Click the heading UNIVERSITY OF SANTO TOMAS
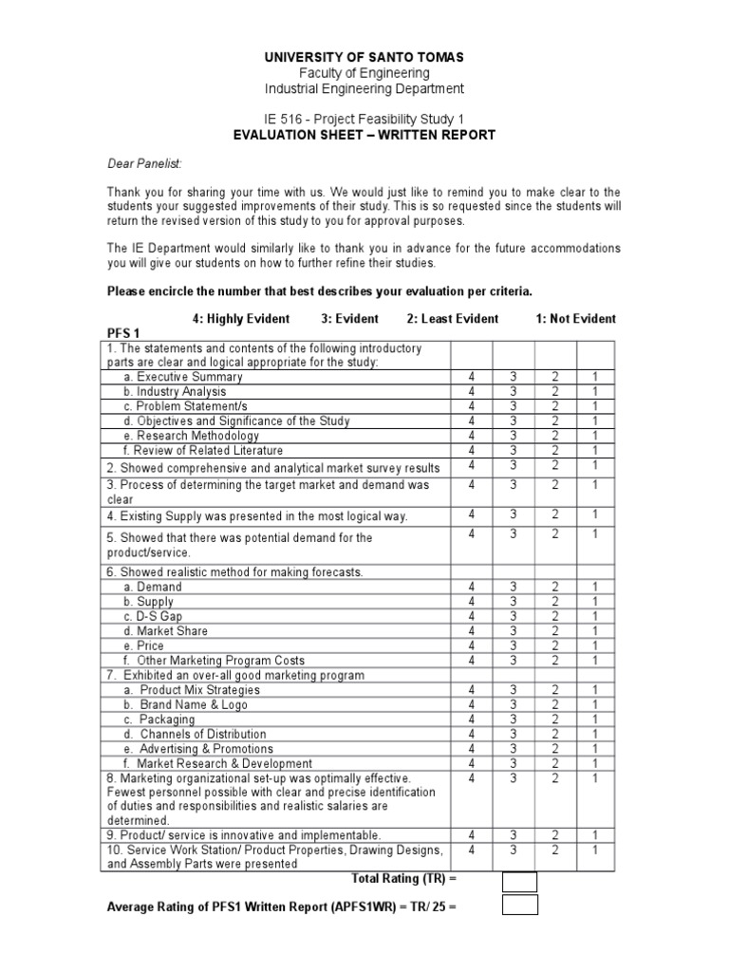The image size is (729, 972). coord(364,57)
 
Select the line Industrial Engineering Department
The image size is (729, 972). coord(364,88)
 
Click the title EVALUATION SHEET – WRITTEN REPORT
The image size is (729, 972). coord(364,135)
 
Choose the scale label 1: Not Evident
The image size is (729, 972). coord(576,319)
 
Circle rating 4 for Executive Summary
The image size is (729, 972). coord(470,377)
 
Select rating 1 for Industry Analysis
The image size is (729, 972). coord(595,391)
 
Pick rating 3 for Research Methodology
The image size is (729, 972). coord(514,436)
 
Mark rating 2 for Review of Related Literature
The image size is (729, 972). coord(554,450)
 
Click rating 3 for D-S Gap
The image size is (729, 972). coord(514,616)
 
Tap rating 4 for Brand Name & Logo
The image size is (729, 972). coord(470,704)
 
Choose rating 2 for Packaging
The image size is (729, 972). coord(554,720)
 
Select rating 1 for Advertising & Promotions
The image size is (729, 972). coord(595,749)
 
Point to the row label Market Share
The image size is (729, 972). coord(172,631)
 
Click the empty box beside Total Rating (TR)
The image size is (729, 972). coord(519,882)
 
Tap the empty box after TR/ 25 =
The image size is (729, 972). coord(519,906)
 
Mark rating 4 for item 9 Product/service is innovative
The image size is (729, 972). coord(470,835)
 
